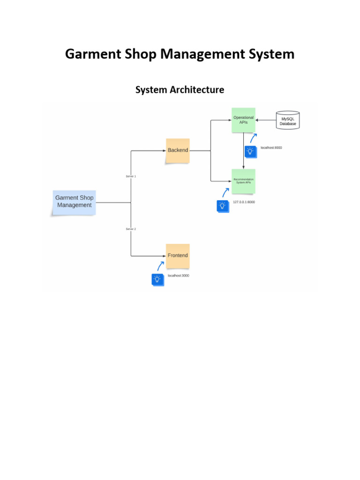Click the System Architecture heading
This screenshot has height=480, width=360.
[x=180, y=90]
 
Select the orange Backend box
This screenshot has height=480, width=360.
[x=178, y=150]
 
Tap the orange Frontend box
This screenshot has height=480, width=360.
[x=178, y=255]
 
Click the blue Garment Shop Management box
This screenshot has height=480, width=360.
[x=74, y=202]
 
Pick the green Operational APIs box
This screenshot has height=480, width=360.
[x=243, y=120]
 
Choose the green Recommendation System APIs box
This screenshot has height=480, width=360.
[x=243, y=181]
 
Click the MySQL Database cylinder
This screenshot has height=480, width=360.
[x=288, y=120]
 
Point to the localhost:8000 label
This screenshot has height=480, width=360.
[x=271, y=148]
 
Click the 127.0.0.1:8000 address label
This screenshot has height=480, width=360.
[x=244, y=202]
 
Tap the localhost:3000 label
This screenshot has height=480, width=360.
[x=179, y=276]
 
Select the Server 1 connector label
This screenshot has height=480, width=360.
[x=131, y=176]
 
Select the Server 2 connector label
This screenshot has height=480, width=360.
[x=131, y=229]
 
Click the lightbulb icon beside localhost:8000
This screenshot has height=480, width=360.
[x=250, y=151]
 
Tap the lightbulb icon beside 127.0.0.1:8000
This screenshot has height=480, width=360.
[x=223, y=206]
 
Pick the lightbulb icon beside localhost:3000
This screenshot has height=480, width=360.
[x=157, y=279]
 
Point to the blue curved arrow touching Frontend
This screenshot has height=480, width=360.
[x=160, y=266]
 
